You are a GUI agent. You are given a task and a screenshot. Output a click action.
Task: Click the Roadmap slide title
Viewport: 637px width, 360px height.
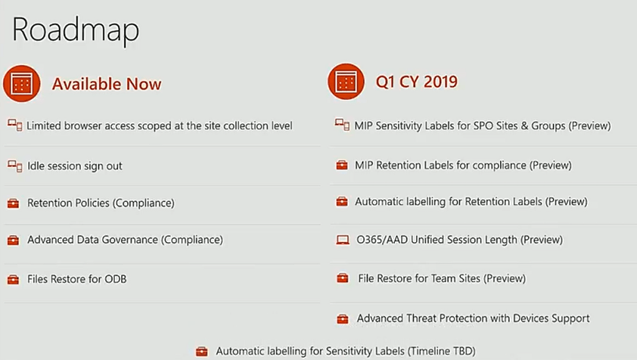(x=75, y=31)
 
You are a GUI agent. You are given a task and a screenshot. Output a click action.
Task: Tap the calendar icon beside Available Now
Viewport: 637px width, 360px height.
(x=22, y=83)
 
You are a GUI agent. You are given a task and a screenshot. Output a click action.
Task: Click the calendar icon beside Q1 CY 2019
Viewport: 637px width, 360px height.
(x=346, y=82)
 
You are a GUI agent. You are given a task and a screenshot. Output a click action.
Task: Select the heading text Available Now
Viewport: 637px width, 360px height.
(x=106, y=84)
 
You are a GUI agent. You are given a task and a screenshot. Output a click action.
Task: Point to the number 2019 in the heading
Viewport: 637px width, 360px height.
(x=440, y=82)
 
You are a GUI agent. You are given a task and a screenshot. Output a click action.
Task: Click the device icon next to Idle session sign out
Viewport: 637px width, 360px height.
(x=15, y=166)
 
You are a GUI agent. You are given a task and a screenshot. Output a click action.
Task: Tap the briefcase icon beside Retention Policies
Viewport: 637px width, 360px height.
(x=13, y=203)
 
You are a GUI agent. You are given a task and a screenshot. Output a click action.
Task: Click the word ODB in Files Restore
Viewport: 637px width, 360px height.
(x=116, y=279)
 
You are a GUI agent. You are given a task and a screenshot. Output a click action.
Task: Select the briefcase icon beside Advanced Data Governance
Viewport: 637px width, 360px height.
(x=13, y=240)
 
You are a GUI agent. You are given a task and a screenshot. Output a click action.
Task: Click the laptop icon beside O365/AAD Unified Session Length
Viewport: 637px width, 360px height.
(x=342, y=240)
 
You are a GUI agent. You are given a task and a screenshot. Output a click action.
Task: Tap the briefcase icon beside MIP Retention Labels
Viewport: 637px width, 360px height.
(x=341, y=165)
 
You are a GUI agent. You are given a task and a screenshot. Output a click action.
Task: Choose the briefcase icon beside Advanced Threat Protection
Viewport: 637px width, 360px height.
(x=342, y=318)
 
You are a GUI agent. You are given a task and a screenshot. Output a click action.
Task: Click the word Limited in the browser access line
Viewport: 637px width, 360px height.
(x=44, y=126)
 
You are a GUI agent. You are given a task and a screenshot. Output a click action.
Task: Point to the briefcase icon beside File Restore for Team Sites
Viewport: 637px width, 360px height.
(x=342, y=278)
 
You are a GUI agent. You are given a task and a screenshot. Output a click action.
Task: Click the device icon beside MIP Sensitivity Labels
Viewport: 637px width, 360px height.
(x=342, y=125)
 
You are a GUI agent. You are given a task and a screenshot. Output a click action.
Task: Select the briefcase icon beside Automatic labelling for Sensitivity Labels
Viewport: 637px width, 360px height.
(x=201, y=351)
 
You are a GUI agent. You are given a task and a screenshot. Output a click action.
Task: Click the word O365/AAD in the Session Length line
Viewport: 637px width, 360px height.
(x=382, y=240)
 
